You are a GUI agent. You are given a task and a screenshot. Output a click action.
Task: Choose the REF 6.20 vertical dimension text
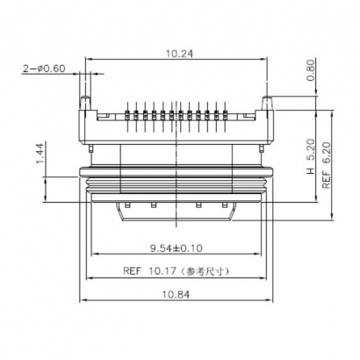[327, 167]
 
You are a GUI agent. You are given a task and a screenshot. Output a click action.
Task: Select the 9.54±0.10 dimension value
[176, 247]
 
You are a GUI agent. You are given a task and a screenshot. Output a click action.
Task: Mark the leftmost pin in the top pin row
[129, 113]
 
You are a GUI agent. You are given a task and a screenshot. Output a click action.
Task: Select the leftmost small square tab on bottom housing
[129, 205]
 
